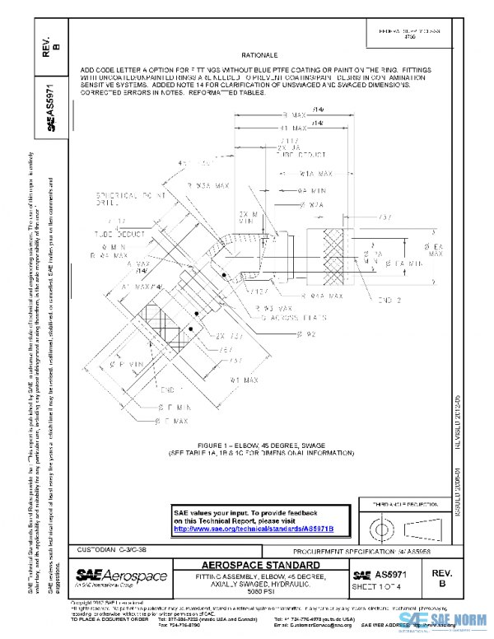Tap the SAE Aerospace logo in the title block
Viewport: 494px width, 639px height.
coord(121,576)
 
